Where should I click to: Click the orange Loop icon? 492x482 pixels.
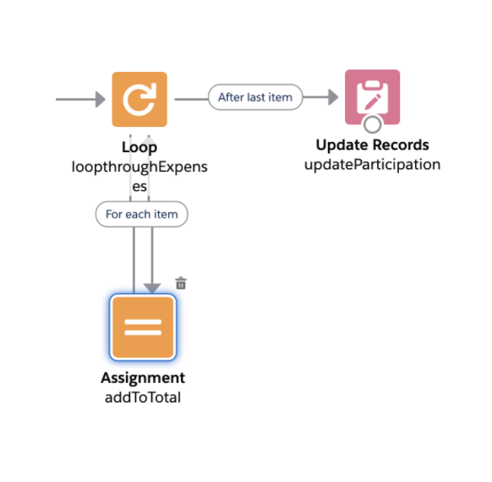pyautogui.click(x=139, y=100)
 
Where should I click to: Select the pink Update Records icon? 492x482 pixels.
pyautogui.click(x=373, y=97)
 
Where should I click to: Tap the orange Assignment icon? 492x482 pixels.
pyautogui.click(x=143, y=327)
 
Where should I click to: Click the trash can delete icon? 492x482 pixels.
pyautogui.click(x=181, y=283)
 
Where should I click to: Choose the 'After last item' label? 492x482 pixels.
pyautogui.click(x=255, y=97)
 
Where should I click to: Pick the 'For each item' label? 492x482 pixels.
pyautogui.click(x=142, y=214)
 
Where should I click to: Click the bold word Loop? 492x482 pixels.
pyautogui.click(x=139, y=147)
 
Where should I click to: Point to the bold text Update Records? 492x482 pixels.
pyautogui.click(x=373, y=145)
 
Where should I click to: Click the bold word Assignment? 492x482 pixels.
pyautogui.click(x=143, y=378)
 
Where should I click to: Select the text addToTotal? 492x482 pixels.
pyautogui.click(x=143, y=397)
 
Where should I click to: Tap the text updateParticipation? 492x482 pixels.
pyautogui.click(x=373, y=165)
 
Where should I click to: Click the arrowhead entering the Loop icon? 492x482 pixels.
pyautogui.click(x=101, y=100)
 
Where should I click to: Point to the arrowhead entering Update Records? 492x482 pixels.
pyautogui.click(x=333, y=97)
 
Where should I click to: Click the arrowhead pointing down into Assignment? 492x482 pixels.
pyautogui.click(x=152, y=288)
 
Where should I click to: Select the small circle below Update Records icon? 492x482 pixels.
pyautogui.click(x=373, y=124)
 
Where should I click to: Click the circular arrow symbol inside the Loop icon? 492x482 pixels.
pyautogui.click(x=139, y=100)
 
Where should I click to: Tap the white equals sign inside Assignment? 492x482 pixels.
pyautogui.click(x=143, y=327)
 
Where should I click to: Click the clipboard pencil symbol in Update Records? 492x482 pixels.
pyautogui.click(x=373, y=96)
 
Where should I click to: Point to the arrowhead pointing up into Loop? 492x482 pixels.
pyautogui.click(x=149, y=138)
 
